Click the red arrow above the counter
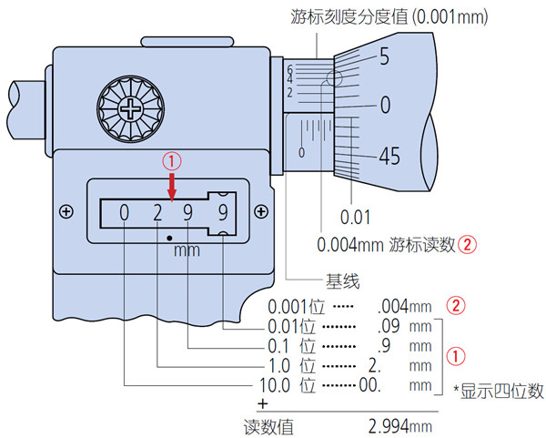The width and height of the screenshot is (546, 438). coord(173,188)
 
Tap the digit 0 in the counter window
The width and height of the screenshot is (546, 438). coord(124,216)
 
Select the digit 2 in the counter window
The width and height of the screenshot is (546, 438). coord(157,216)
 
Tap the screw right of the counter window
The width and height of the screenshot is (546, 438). coord(261,212)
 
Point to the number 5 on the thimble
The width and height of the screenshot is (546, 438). coord(384,57)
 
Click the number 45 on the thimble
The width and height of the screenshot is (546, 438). coord(389,157)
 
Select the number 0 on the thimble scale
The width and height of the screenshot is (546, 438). coord(385,105)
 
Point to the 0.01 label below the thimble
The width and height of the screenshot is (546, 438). coord(354,217)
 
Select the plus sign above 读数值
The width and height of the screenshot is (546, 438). coord(263,403)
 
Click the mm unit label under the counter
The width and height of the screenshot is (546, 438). coord(186,250)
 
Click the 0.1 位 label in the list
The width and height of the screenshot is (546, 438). coord(288,345)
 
